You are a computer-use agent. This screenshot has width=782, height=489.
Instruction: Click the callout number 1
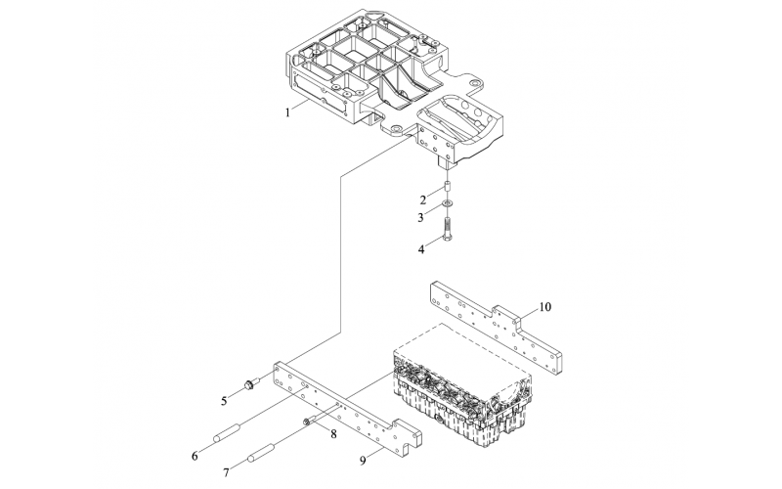click(287, 112)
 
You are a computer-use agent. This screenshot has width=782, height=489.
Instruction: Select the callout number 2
click(423, 200)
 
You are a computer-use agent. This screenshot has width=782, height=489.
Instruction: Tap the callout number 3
click(421, 217)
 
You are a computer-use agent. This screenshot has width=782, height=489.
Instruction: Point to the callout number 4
click(421, 249)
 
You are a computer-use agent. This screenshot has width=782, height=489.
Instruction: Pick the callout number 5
click(225, 400)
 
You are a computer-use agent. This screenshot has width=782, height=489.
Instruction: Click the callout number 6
click(195, 456)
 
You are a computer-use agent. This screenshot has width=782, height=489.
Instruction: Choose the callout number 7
click(226, 472)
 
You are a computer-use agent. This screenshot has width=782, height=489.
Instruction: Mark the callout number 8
click(333, 434)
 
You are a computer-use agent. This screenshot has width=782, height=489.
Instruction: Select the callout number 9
click(363, 460)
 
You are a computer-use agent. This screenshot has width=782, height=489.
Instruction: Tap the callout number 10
click(545, 307)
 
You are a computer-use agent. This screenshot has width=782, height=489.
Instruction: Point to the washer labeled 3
click(448, 203)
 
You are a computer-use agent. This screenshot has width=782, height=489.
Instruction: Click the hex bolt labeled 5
click(252, 383)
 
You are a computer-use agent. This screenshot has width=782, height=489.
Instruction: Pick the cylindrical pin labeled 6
click(228, 432)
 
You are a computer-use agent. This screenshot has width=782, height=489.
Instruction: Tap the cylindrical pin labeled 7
click(260, 452)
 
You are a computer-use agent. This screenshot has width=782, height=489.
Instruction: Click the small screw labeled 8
click(309, 422)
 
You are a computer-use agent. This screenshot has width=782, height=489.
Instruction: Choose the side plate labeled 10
click(496, 325)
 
